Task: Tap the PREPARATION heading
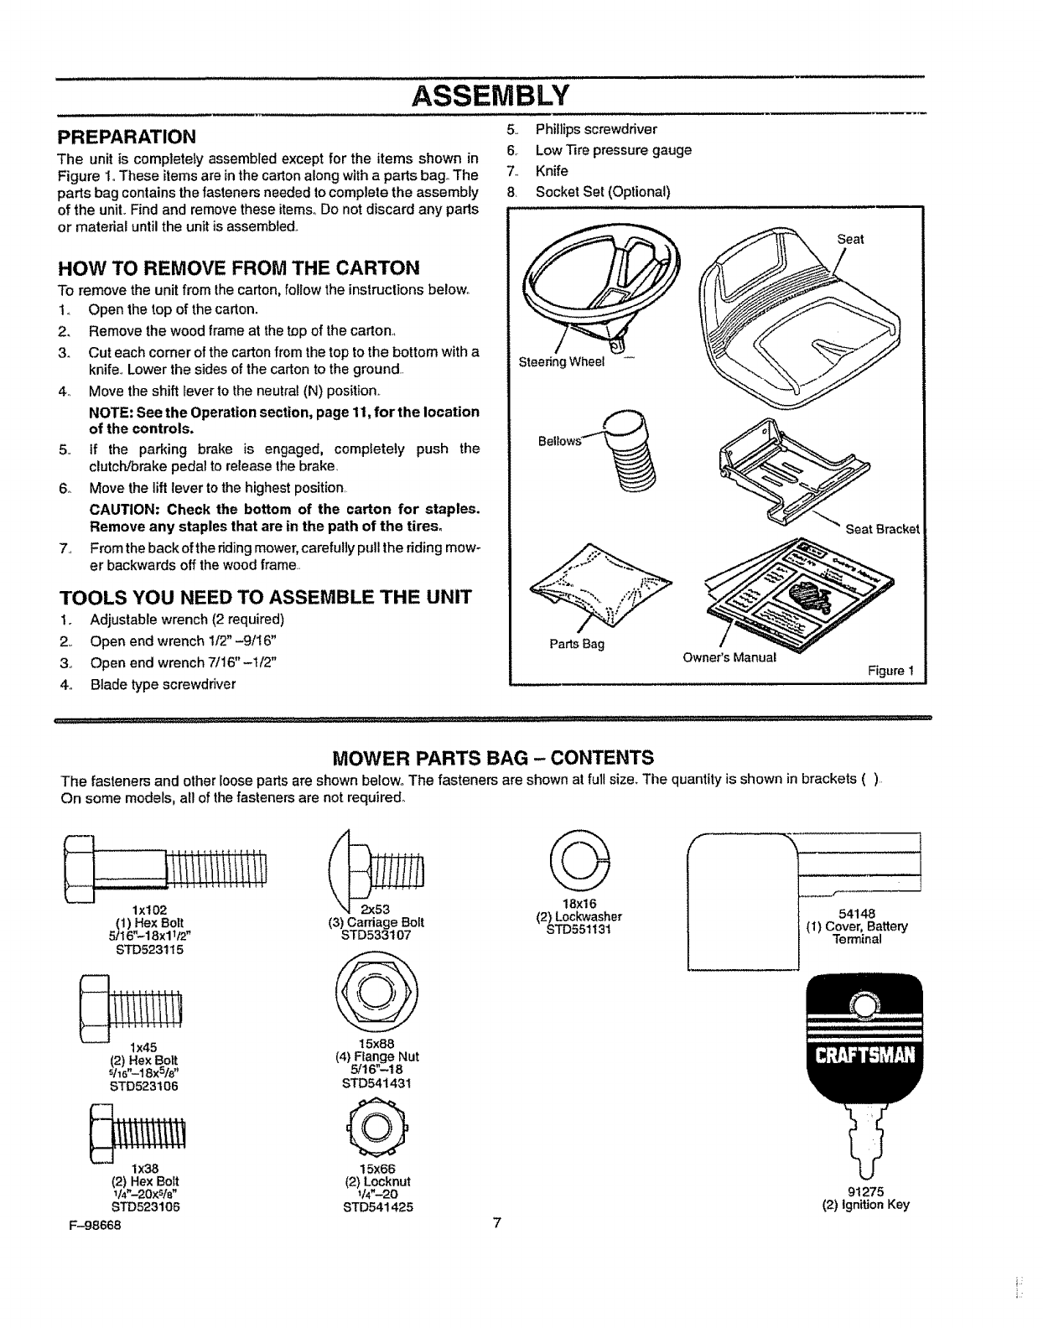point(126,136)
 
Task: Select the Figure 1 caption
point(891,671)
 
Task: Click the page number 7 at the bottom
point(496,1222)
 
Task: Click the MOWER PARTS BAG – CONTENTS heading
point(493,758)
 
